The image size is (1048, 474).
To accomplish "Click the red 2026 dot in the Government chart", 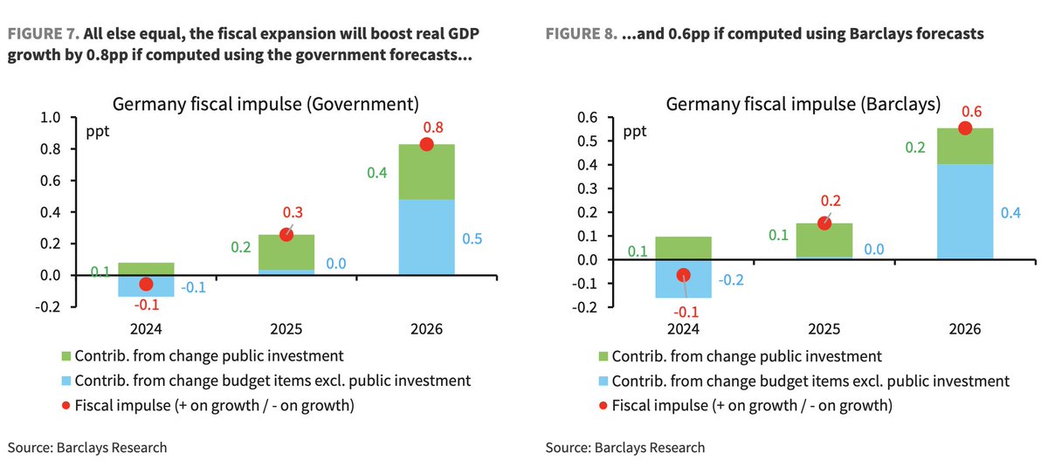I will pos(426,144).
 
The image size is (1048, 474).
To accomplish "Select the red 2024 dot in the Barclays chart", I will pos(683,275).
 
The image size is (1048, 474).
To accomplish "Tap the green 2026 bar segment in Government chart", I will pos(426,173).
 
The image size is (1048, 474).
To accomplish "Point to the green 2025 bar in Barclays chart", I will pos(824,240).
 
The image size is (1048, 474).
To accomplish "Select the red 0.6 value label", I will pos(965,111).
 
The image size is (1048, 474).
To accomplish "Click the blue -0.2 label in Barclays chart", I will pos(733,280).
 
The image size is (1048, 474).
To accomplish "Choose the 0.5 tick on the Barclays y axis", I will pos(589,141).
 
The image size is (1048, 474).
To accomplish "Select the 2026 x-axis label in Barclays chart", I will pos(965,330).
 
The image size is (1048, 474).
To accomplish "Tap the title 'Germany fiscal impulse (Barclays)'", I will pos(803,104).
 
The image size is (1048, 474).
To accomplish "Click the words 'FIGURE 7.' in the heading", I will pos(43,34).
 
